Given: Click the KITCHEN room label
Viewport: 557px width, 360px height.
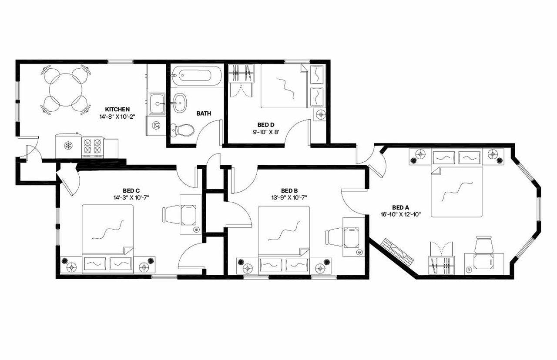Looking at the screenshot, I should pyautogui.click(x=117, y=109).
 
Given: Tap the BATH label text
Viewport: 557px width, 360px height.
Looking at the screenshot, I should pyautogui.click(x=204, y=113).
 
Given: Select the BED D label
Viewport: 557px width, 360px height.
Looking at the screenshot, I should pyautogui.click(x=262, y=125).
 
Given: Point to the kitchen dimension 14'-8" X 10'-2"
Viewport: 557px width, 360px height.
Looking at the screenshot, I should pyautogui.click(x=117, y=117).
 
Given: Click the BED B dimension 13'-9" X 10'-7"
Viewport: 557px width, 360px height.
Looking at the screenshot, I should pyautogui.click(x=289, y=197).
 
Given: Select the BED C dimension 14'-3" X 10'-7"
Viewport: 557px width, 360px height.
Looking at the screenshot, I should pyautogui.click(x=131, y=197).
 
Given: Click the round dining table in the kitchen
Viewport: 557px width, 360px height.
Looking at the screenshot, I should pyautogui.click(x=66, y=89).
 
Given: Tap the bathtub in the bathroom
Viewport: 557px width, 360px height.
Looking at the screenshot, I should pyautogui.click(x=196, y=76).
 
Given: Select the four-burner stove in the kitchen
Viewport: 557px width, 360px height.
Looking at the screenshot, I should pyautogui.click(x=93, y=147).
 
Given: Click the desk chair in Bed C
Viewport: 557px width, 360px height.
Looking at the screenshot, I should pyautogui.click(x=169, y=214).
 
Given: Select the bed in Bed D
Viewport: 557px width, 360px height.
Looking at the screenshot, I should pyautogui.click(x=285, y=86).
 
